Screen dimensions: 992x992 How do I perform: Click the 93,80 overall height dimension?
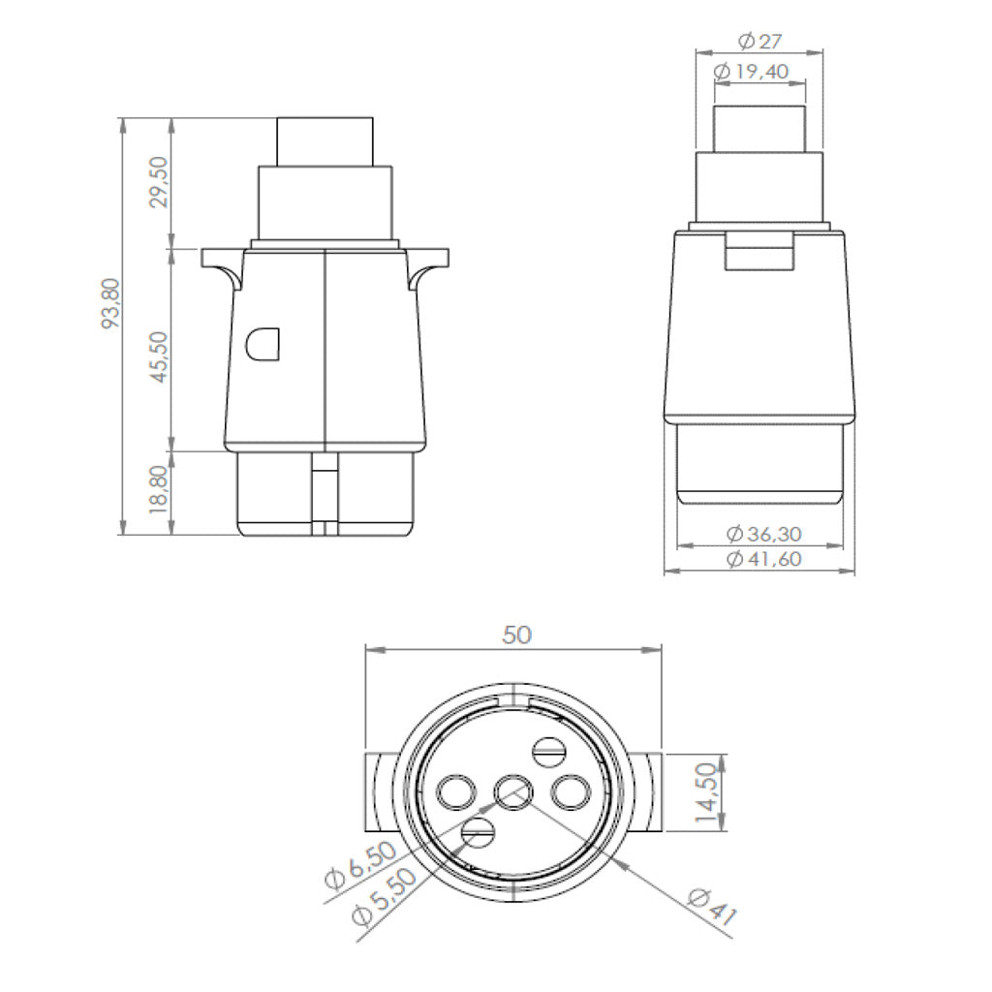coord(110,303)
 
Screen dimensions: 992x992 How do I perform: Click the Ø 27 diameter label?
coord(759,42)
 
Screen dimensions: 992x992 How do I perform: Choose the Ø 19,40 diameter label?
coord(751,72)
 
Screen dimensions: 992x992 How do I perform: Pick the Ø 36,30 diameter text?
coord(764,534)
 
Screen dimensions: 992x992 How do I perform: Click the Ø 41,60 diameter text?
coord(764,559)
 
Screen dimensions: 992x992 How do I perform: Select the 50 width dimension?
coord(517,635)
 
